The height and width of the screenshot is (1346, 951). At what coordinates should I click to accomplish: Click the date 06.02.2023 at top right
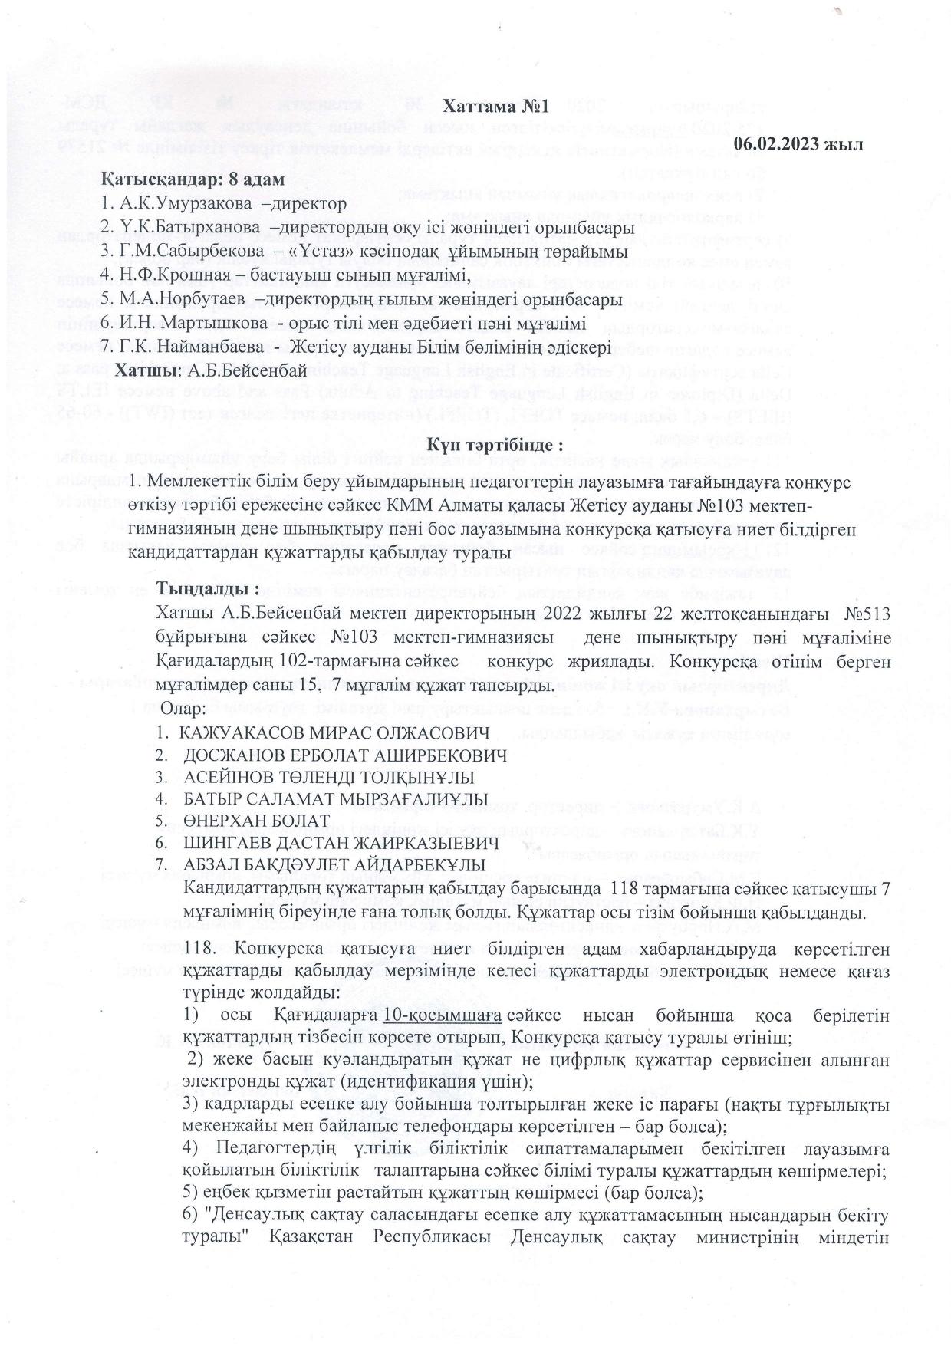click(799, 143)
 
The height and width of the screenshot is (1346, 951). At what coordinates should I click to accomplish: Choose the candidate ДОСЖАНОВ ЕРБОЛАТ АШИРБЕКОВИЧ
click(344, 755)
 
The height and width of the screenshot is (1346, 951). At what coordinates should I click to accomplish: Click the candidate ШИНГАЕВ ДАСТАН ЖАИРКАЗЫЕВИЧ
click(341, 843)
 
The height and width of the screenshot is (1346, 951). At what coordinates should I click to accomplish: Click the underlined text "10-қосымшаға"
click(443, 1016)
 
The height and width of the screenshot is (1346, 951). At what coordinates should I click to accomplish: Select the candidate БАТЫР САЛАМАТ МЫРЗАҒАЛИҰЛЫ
click(335, 799)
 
